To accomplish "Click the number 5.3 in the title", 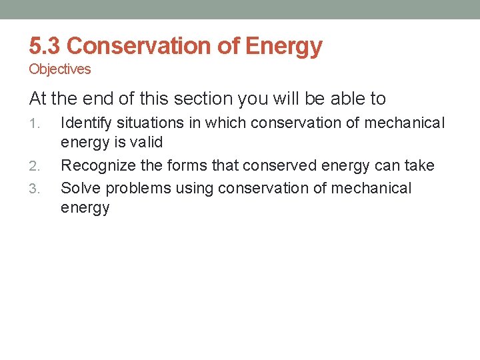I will click(45, 46).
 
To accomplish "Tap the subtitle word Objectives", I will click(60, 69).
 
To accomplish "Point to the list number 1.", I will click(36, 123).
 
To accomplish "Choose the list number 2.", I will click(36, 166).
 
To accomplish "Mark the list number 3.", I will click(36, 189).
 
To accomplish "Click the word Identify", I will click(85, 123).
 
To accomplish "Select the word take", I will click(419, 165).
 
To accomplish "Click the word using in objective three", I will click(195, 188).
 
